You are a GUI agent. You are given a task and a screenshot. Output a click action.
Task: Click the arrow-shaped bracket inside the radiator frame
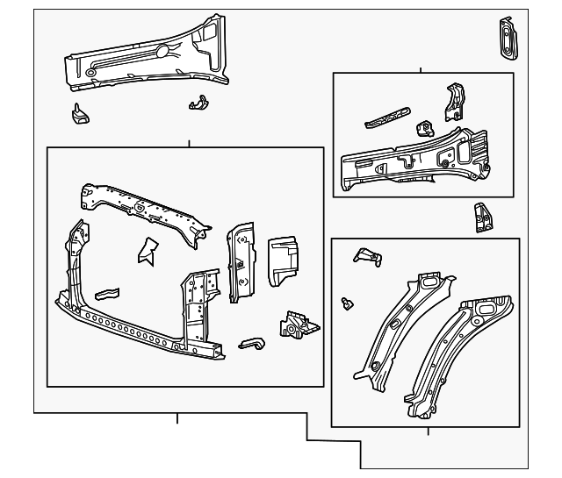click(146, 251)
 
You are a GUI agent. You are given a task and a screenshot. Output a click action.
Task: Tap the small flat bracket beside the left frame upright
click(106, 292)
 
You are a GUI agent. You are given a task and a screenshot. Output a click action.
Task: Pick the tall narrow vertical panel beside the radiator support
click(240, 260)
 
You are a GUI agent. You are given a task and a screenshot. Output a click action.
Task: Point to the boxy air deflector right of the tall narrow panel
click(283, 260)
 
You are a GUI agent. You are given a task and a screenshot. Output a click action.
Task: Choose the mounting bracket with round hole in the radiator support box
click(296, 325)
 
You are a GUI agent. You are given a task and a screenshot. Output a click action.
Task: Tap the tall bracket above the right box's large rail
click(454, 103)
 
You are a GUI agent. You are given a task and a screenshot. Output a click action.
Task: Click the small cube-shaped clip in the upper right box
click(426, 128)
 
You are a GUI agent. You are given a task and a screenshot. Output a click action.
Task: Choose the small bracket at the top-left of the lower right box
click(365, 255)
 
